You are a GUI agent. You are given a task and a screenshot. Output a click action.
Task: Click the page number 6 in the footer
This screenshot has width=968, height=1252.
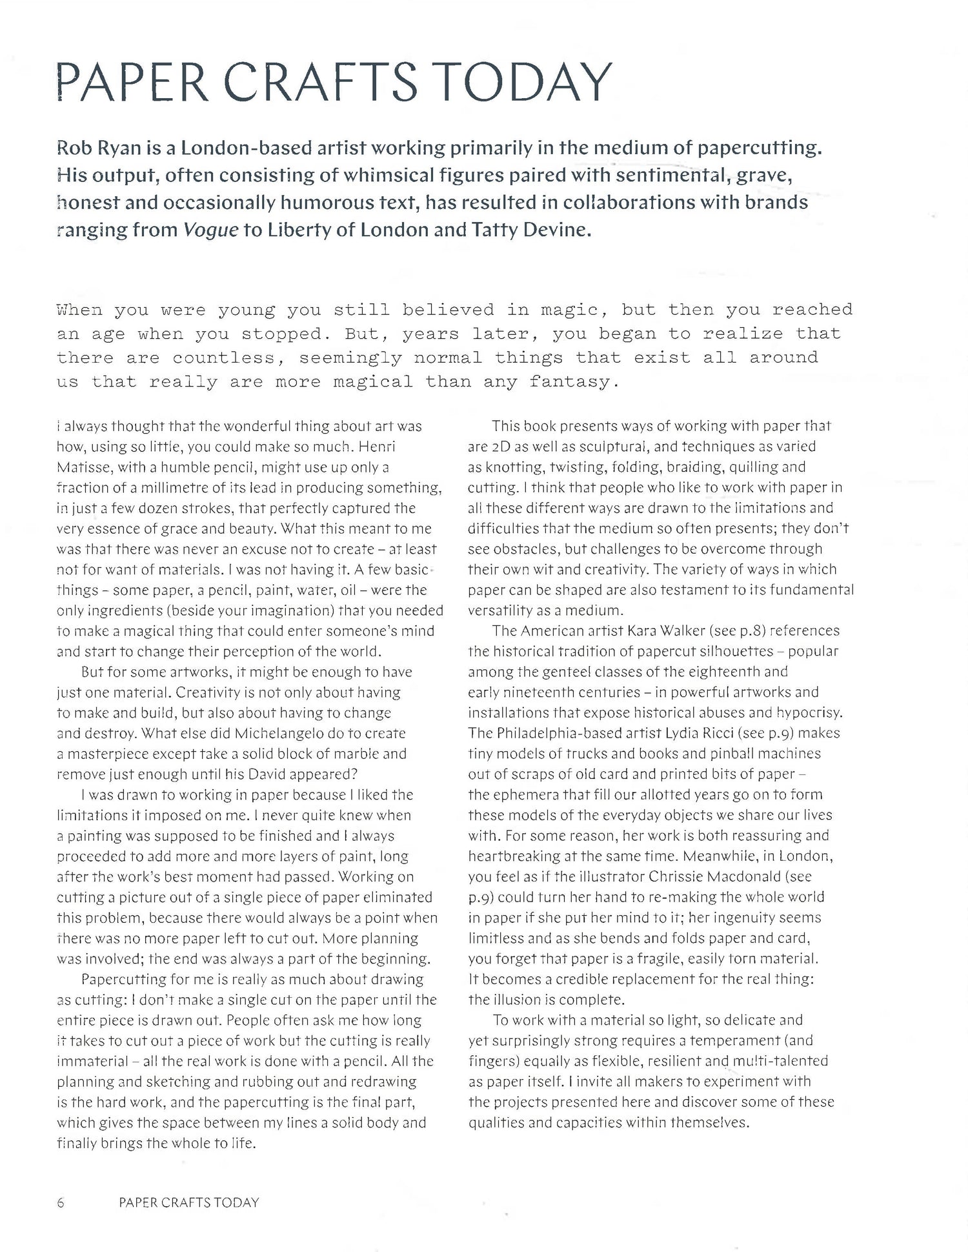click(x=61, y=1202)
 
